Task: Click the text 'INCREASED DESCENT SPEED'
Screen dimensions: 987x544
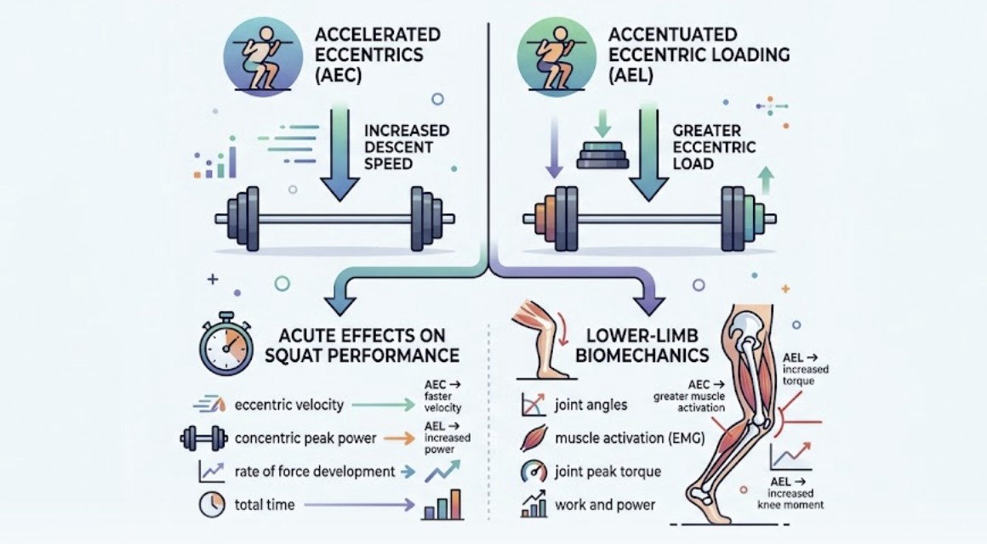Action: coord(407,147)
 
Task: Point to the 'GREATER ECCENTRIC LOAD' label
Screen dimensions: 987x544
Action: coord(714,147)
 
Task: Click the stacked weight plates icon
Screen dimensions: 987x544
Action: coord(602,156)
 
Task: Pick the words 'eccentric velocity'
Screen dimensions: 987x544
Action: coord(289,405)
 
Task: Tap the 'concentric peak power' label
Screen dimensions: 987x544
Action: coord(305,439)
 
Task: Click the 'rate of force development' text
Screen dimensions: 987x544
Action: coord(315,472)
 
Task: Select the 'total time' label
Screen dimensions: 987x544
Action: coord(265,505)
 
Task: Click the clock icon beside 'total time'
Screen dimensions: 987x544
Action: coord(212,504)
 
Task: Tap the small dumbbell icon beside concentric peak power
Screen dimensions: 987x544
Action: coord(204,439)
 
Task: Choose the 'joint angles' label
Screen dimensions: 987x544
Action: coord(591,405)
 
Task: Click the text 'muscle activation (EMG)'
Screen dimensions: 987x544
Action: coord(630,439)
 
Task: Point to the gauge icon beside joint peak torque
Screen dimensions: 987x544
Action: coord(533,472)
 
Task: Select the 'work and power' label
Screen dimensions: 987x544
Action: coord(605,505)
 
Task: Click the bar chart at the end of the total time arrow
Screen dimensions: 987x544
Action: coord(442,504)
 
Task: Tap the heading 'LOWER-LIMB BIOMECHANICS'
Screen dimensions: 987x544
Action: coord(642,345)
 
